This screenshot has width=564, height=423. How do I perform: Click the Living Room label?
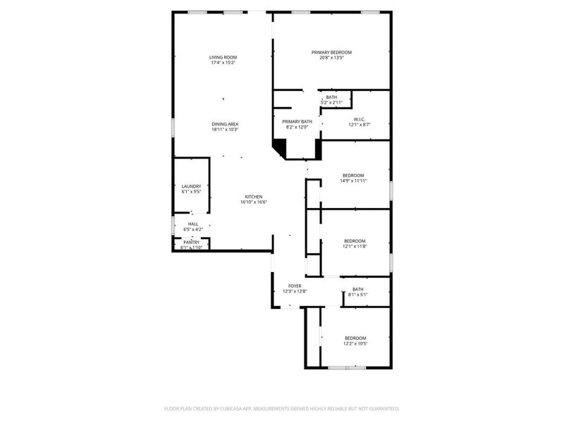[x=223, y=57]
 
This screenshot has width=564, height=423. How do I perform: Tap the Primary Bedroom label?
[x=331, y=52]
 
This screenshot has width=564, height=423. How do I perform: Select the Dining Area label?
[x=225, y=124]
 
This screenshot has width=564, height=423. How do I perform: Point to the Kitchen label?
[x=253, y=197]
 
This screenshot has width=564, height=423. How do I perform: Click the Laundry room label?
[x=191, y=187]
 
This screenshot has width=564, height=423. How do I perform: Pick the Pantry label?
[x=192, y=243]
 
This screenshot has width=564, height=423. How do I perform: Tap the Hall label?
[x=192, y=224]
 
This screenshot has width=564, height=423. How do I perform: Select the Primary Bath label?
[x=298, y=121]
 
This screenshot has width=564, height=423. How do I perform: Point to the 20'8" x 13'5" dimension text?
[x=331, y=59]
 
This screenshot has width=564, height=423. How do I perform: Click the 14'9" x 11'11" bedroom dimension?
[x=353, y=181]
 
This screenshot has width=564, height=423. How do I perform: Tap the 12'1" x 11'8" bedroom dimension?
[x=355, y=246]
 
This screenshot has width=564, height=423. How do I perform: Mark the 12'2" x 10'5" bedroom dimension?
[x=355, y=344]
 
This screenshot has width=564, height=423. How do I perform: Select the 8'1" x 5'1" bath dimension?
[x=358, y=295]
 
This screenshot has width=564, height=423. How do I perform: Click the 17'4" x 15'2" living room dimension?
[x=223, y=63]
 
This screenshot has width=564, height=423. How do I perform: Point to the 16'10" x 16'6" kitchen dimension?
[x=253, y=202]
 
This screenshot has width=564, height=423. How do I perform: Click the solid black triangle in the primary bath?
[x=280, y=146]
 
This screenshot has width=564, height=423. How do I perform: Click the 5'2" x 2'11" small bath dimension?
[x=331, y=103]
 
